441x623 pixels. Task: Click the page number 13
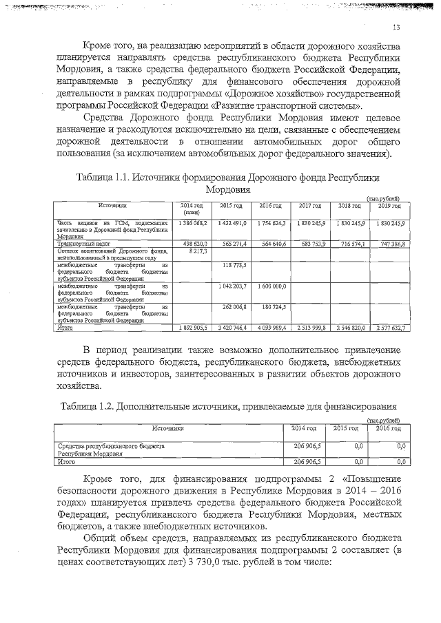[x=396, y=27]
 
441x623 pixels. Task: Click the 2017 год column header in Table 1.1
[x=311, y=206]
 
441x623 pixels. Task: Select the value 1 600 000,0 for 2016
[x=270, y=285]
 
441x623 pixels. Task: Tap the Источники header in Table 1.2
[x=168, y=428]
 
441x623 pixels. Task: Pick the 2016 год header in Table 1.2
[x=389, y=428]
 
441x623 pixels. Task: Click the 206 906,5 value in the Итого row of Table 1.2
[x=306, y=462]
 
